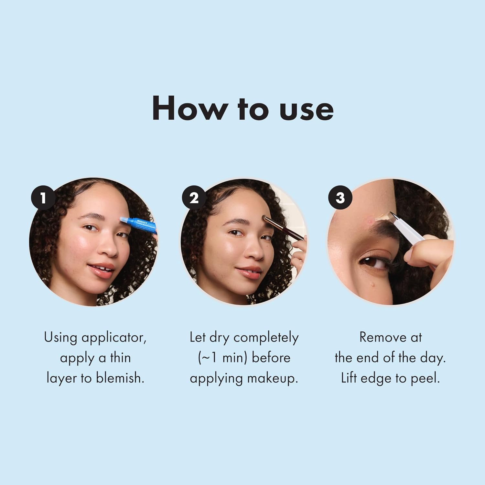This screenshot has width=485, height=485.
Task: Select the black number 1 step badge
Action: pos(43,198)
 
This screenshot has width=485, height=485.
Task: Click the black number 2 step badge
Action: pos(194,198)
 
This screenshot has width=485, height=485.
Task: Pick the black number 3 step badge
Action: pos(340,198)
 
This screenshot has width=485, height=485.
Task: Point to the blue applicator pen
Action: pos(138,225)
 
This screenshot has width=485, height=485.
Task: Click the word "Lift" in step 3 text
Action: pos(349,378)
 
